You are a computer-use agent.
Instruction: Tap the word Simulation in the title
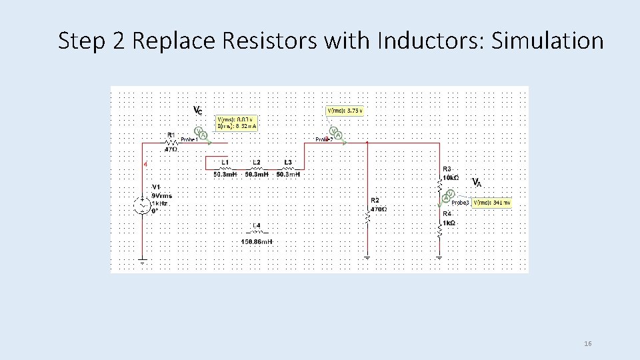pyautogui.click(x=547, y=41)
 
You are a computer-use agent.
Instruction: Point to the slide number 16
pyautogui.click(x=587, y=343)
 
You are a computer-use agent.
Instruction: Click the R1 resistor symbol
pyautogui.click(x=171, y=142)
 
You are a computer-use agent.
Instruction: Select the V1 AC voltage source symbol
pyautogui.click(x=142, y=205)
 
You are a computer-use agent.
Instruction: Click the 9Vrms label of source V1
pyautogui.click(x=162, y=195)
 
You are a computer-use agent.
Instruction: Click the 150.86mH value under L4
pyautogui.click(x=256, y=241)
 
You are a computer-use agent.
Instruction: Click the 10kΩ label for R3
pyautogui.click(x=451, y=178)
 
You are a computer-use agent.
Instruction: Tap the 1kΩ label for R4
pyautogui.click(x=449, y=222)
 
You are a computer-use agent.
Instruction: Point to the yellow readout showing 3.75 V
pyautogui.click(x=345, y=111)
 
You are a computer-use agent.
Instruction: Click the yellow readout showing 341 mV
pyautogui.click(x=492, y=202)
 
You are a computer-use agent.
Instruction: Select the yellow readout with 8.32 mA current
pyautogui.click(x=236, y=123)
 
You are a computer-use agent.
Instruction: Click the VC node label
pyautogui.click(x=198, y=110)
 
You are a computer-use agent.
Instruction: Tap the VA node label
pyautogui.click(x=477, y=182)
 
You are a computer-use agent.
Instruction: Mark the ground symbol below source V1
pyautogui.click(x=142, y=261)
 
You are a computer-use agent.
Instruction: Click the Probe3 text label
pyautogui.click(x=461, y=202)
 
